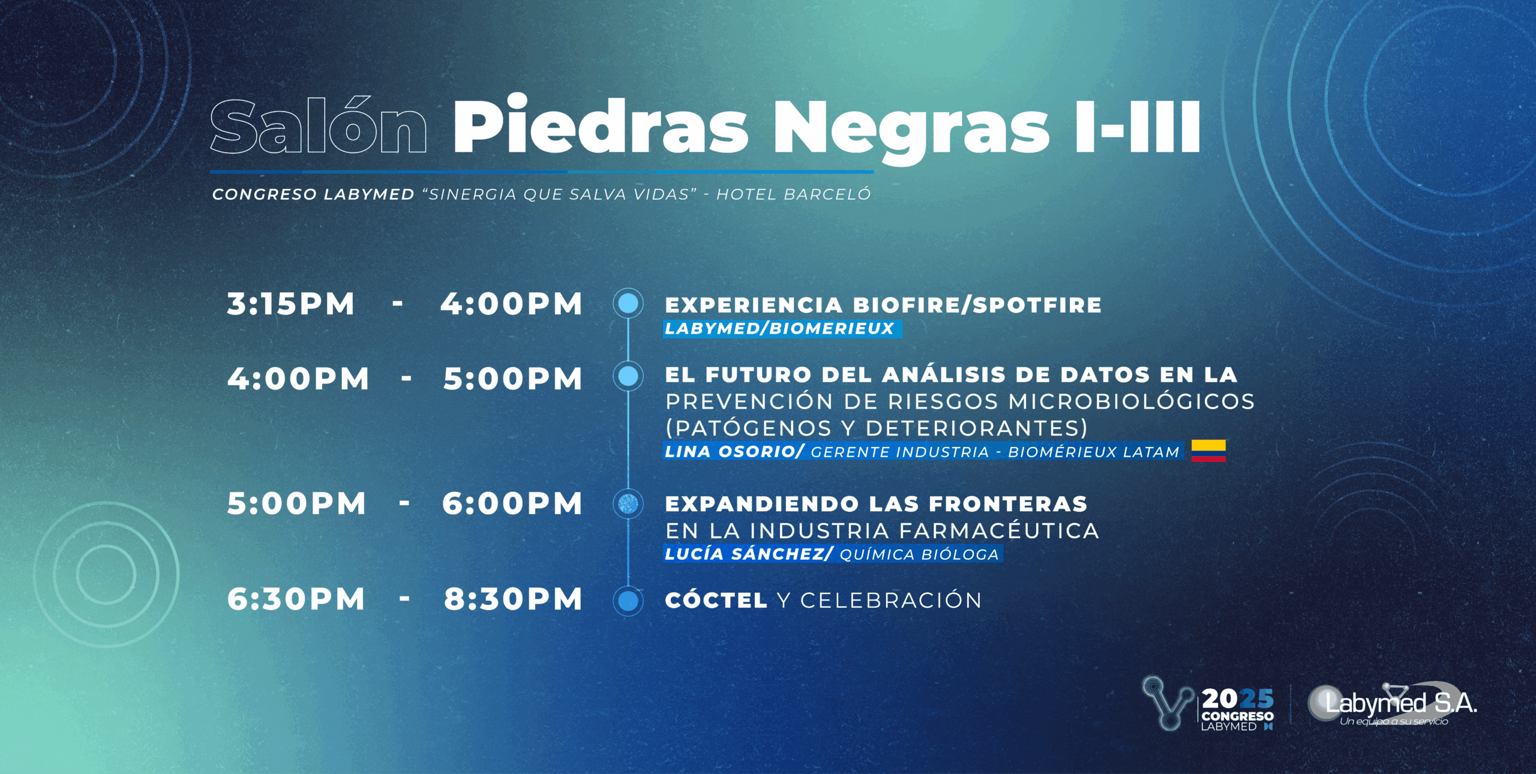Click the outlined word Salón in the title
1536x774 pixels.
319,125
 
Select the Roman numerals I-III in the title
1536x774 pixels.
1138,127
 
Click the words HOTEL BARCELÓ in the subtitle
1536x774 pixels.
793,194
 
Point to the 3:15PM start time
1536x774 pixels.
291,304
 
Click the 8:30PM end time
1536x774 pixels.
513,599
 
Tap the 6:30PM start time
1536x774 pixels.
296,599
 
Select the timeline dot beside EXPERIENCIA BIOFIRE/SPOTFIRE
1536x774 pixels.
628,303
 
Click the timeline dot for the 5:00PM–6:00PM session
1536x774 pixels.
628,503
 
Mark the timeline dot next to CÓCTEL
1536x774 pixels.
628,601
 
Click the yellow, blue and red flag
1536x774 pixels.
1208,451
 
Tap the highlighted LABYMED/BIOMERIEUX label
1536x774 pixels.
782,329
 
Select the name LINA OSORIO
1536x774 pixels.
730,451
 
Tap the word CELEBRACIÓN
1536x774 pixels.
891,600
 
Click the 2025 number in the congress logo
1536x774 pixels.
1237,699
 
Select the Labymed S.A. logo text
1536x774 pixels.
1401,703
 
